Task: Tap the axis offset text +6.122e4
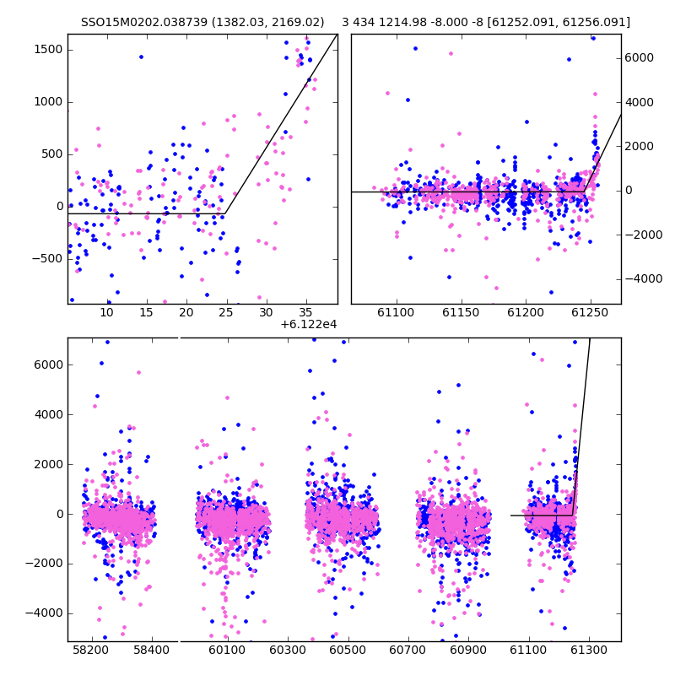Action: coord(308,325)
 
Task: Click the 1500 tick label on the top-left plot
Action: coord(48,50)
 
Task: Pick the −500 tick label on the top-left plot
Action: coord(47,259)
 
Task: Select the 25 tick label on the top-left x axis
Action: coord(225,313)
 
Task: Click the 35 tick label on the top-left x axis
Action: coord(305,313)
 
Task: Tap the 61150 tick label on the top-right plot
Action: coord(461,313)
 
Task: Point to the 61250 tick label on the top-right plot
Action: coord(590,313)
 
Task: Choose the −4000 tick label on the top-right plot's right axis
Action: coord(644,279)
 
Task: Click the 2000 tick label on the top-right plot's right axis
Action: coord(640,146)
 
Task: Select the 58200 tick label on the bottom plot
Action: coord(91,650)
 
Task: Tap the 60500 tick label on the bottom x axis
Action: coord(348,650)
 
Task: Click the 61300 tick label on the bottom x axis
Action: coord(589,650)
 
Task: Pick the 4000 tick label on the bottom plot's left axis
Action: coord(48,414)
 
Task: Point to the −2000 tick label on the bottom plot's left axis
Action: coord(44,564)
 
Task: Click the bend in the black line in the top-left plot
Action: coord(224,213)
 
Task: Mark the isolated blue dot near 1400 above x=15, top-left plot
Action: coord(141,57)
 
